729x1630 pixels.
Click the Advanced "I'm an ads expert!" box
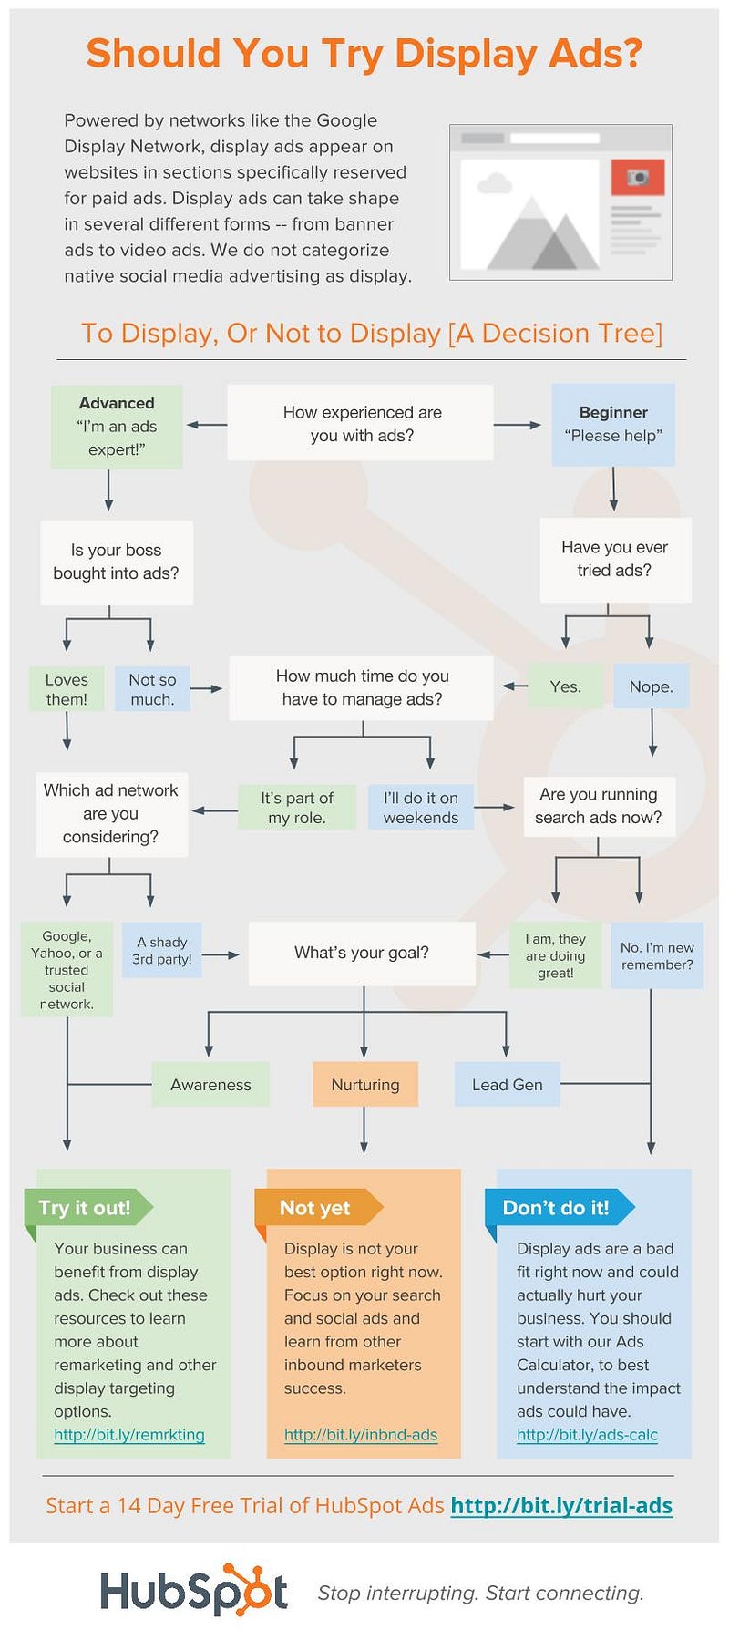point(117,427)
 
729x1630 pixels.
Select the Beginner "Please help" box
point(613,425)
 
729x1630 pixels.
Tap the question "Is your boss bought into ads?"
point(116,562)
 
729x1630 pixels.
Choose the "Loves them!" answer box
point(67,689)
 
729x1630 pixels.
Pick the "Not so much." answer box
point(152,689)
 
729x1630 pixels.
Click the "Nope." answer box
point(651,686)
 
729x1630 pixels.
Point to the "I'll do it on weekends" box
point(421,808)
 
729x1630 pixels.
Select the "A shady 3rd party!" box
point(162,950)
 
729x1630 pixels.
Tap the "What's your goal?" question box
point(362,953)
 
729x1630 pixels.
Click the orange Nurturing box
point(364,1084)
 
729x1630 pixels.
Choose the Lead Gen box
point(507,1084)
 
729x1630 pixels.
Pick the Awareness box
point(210,1084)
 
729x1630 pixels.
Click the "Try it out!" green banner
point(86,1208)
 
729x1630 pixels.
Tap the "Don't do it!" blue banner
point(556,1208)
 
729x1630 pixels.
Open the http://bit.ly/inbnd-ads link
point(361,1435)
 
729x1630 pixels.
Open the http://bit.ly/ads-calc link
point(587,1435)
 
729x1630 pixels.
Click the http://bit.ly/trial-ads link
point(561,1505)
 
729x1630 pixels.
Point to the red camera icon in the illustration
point(637,177)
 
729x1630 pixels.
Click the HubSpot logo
point(194,1592)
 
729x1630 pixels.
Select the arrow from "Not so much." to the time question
point(208,689)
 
